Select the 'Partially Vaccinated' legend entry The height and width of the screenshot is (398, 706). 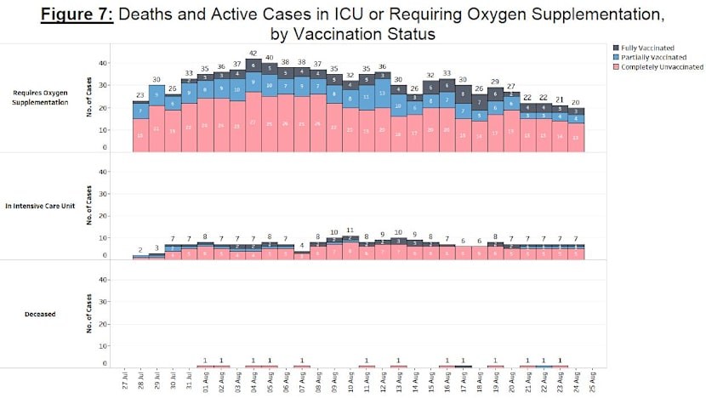[x=653, y=57]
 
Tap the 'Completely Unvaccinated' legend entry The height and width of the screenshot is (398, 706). [x=659, y=66]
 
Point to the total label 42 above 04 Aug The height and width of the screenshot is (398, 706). [x=253, y=53]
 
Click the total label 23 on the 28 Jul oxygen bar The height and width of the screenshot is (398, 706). [x=140, y=94]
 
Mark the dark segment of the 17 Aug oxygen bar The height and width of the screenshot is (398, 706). [x=463, y=95]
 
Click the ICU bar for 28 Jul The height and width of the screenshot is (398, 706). [x=140, y=258]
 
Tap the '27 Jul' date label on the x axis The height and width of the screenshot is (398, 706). [x=125, y=383]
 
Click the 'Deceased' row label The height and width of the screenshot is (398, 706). [x=41, y=314]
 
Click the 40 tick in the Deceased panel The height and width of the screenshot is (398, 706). [x=104, y=280]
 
